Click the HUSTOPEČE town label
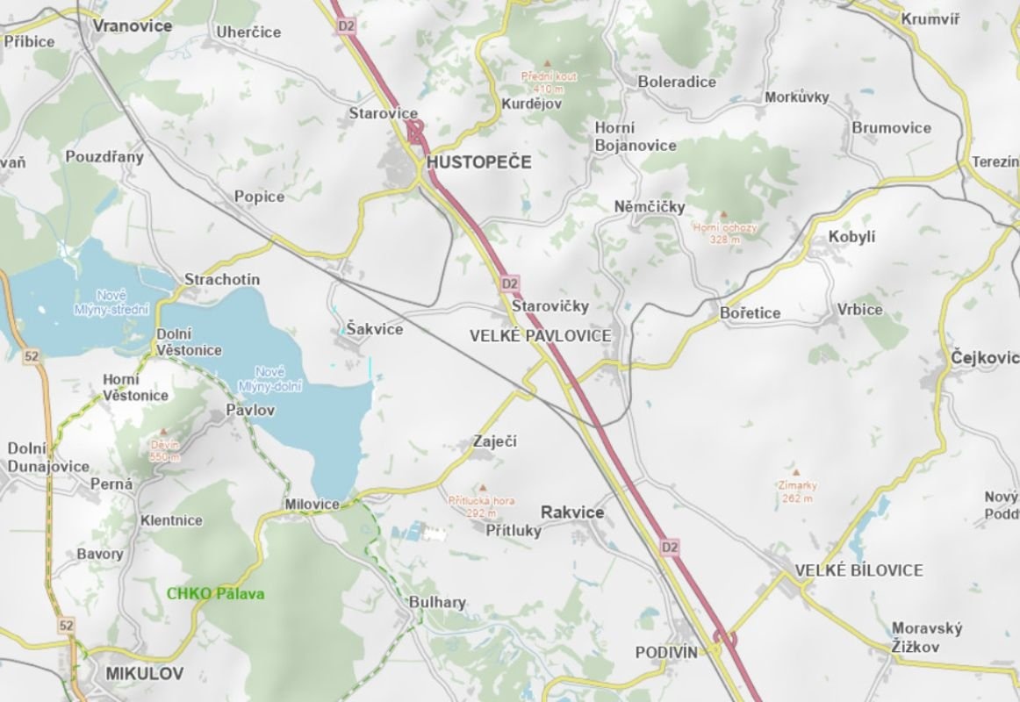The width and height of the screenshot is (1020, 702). click(478, 162)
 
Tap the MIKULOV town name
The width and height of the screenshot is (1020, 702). click(144, 673)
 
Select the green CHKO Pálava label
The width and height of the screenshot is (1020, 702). click(215, 593)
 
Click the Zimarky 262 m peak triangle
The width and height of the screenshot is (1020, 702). click(796, 470)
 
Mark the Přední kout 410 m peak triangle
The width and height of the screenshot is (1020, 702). click(548, 63)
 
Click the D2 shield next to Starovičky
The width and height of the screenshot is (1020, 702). click(510, 283)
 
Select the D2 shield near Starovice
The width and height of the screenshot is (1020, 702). click(346, 26)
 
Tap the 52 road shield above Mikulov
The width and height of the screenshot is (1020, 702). click(67, 625)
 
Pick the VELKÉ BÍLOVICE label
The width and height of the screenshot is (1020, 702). click(858, 570)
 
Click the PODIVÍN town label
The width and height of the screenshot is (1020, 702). click(666, 652)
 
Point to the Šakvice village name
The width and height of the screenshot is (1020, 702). click(375, 329)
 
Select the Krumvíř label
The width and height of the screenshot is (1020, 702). click(931, 18)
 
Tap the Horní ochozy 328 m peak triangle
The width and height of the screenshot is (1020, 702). click(723, 214)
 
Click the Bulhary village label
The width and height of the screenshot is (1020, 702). click(437, 603)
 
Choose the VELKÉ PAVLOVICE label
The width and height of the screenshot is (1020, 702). click(540, 335)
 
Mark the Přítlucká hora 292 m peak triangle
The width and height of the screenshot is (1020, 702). click(481, 487)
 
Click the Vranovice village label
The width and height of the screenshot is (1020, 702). click(132, 25)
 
